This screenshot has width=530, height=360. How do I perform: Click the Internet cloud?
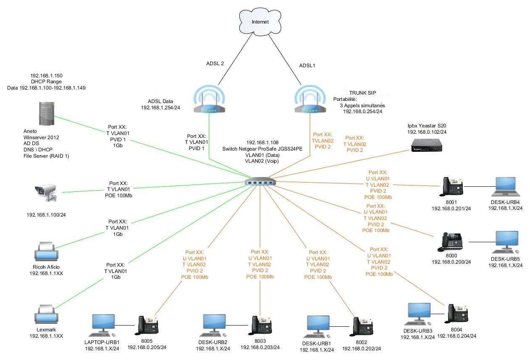click(x=259, y=21)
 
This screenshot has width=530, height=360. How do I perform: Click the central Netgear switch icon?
click(x=260, y=182)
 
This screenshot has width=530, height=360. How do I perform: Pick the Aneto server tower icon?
click(x=47, y=113)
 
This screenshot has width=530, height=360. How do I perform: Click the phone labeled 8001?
click(x=452, y=186)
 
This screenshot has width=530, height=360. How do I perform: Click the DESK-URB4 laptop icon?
click(x=505, y=186)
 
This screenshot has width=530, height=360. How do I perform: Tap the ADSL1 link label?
click(x=307, y=66)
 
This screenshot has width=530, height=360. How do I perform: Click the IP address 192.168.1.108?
click(x=262, y=143)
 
